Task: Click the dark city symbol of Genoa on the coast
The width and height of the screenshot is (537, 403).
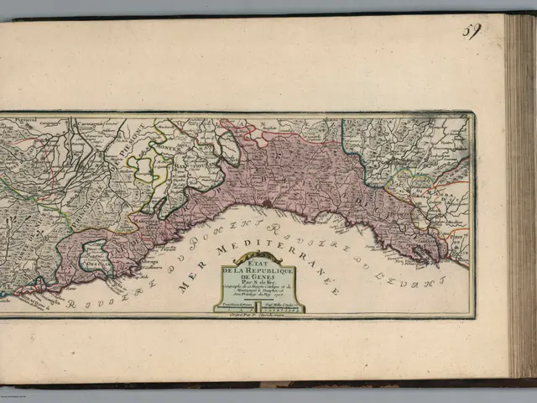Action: coord(266,202)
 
